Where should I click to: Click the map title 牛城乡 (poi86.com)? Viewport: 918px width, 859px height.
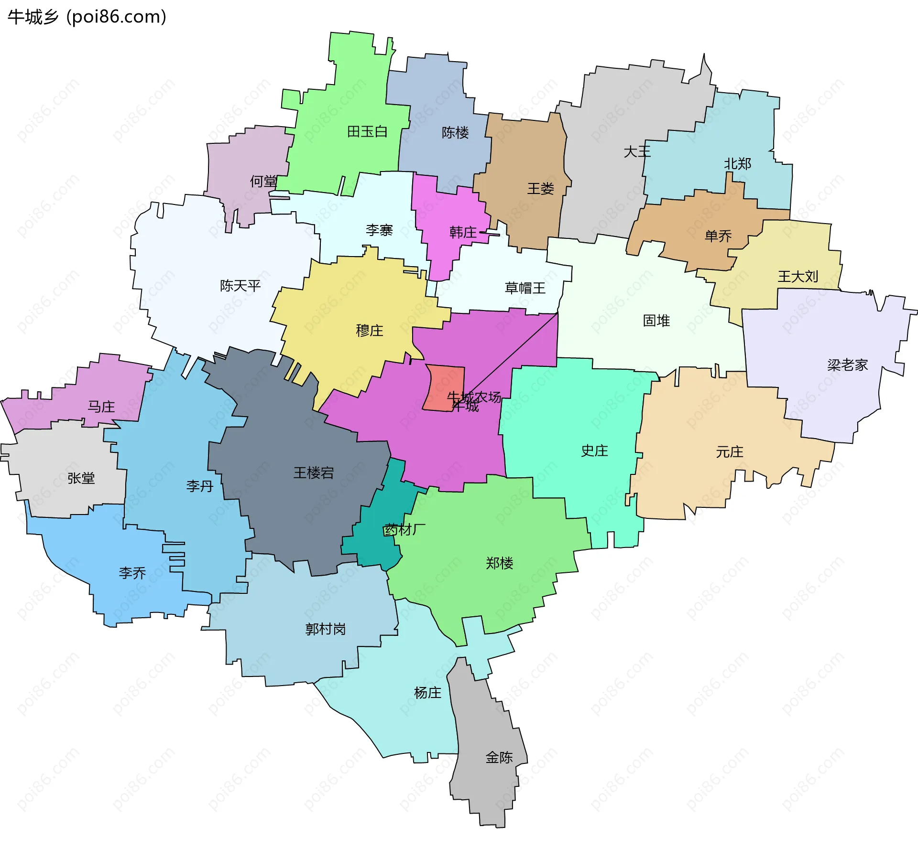point(87,17)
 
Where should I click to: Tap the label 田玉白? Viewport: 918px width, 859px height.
point(367,131)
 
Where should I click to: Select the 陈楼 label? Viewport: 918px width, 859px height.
point(455,132)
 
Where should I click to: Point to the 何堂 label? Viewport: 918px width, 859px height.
point(263,181)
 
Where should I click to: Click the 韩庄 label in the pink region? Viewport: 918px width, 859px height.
point(462,232)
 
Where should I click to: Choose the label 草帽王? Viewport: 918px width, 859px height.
point(525,288)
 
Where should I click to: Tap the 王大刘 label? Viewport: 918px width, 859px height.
point(798,276)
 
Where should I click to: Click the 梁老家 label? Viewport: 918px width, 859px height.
point(847,365)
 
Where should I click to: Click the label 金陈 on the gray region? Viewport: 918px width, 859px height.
point(499,757)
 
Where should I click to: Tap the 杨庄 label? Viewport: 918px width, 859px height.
point(427,693)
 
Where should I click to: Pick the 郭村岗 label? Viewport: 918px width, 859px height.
point(325,629)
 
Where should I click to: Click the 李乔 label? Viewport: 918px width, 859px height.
point(132,573)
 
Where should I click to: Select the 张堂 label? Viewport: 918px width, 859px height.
point(81,478)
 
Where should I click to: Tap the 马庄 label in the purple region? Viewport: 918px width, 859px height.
point(101,407)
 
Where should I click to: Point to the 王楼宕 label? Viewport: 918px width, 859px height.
point(313,472)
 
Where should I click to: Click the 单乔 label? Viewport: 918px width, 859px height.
point(718,236)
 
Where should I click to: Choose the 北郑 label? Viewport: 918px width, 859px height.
point(737,164)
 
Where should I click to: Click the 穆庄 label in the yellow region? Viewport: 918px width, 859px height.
point(369,330)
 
